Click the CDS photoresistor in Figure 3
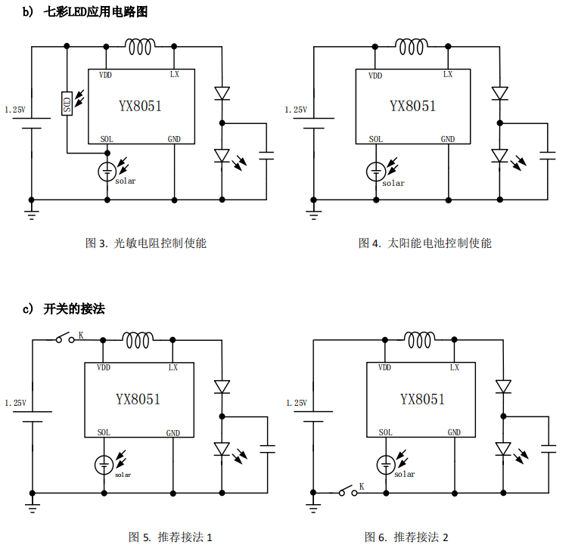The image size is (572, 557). [x=67, y=104]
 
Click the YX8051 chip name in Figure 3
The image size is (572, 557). [x=140, y=106]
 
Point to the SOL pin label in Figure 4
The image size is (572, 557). [x=376, y=139]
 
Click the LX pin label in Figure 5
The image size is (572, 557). [x=173, y=367]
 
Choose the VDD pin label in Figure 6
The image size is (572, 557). [x=384, y=367]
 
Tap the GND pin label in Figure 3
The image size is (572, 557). [x=174, y=139]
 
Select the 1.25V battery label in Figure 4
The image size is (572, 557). [x=295, y=110]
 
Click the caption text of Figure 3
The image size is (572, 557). [x=145, y=243]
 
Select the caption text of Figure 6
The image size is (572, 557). [x=406, y=537]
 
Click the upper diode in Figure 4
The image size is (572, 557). [x=499, y=93]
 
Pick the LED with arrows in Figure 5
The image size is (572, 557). [x=222, y=448]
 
